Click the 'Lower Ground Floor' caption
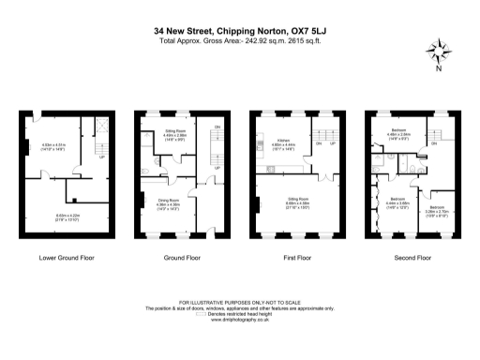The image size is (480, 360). pos(64,256)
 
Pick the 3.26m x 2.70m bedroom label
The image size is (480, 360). pos(437,209)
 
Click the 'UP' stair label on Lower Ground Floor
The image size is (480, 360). pos(101,158)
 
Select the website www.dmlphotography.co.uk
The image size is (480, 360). pos(240,320)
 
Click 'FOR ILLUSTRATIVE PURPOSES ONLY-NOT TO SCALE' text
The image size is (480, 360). pos(240,303)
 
